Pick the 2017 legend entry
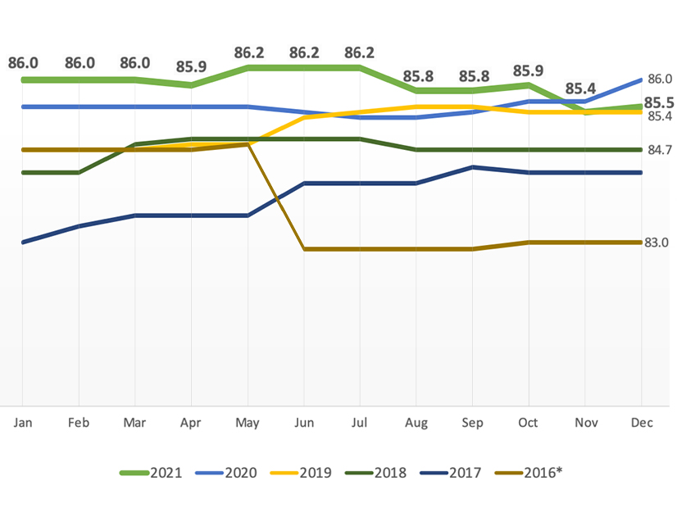461,473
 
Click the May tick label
248,423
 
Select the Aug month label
416,423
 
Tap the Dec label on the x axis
641,423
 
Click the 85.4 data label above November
585,88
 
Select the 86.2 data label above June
304,52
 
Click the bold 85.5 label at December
659,102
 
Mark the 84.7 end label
659,150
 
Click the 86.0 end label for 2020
659,79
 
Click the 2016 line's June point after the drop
304,248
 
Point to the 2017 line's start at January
22,243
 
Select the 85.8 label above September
473,75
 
